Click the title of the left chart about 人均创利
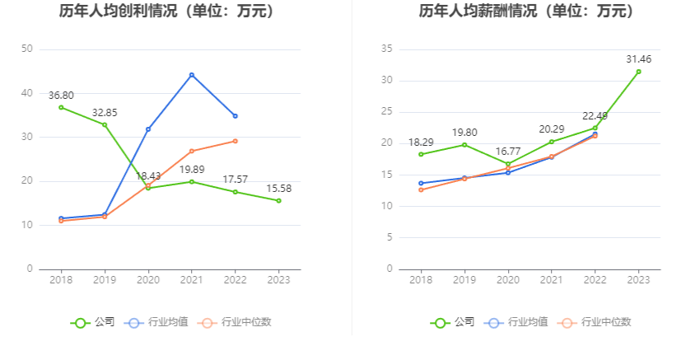tap(167, 12)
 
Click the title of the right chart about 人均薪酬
tap(526, 12)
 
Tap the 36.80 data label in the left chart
tap(61, 96)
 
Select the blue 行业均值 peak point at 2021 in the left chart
tap(192, 75)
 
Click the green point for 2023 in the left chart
tap(279, 200)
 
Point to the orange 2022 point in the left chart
tap(236, 141)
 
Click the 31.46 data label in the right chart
tap(638, 58)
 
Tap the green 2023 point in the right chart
tap(638, 72)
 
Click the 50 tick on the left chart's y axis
tap(27, 49)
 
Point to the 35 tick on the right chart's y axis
tap(386, 49)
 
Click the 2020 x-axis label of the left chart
tap(148, 280)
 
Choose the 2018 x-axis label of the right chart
tap(420, 280)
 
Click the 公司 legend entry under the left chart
tap(92, 322)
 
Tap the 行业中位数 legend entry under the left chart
tap(236, 322)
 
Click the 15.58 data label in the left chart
tap(279, 188)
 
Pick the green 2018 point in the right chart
tap(421, 154)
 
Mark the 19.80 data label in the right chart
tap(464, 132)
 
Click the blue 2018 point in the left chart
tap(61, 218)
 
